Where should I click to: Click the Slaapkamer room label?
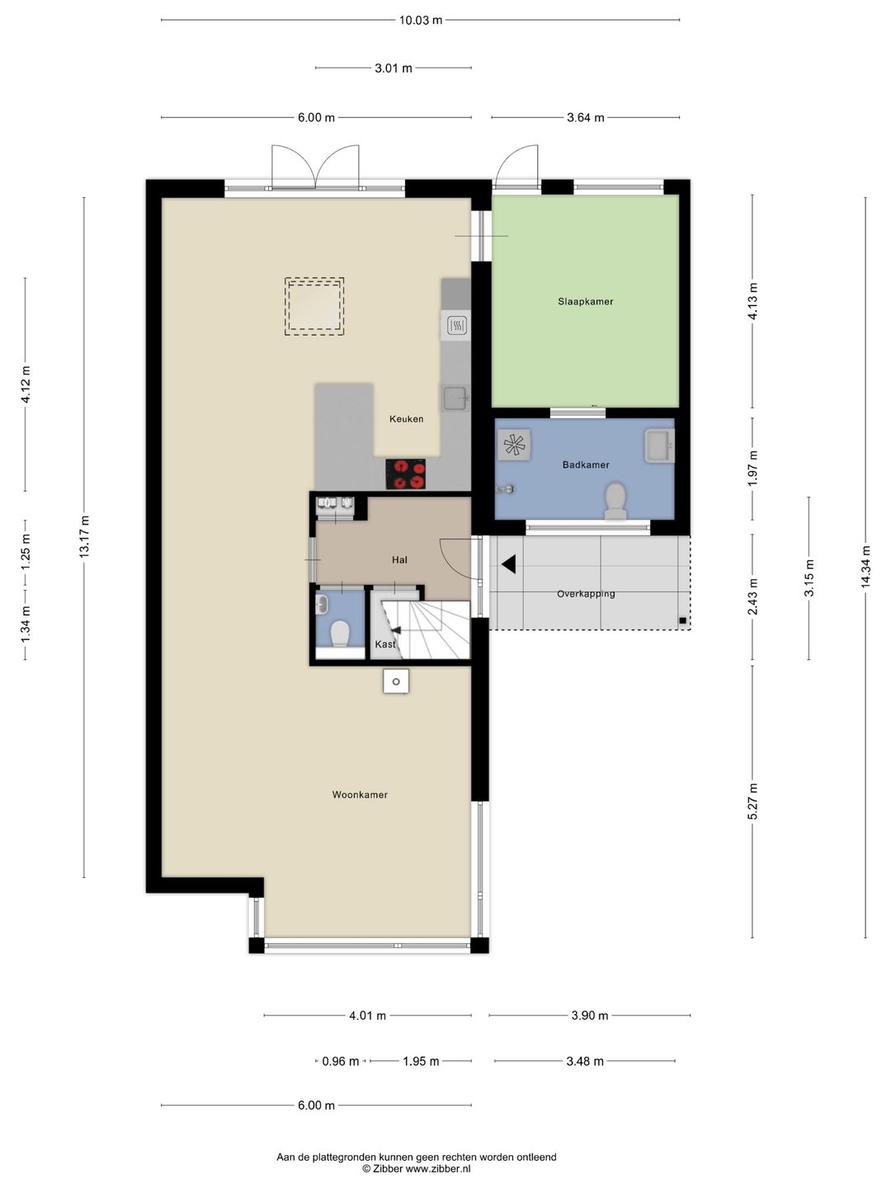pos(586,301)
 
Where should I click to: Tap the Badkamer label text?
pos(586,464)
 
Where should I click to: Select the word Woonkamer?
pos(360,794)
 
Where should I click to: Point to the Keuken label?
pos(406,418)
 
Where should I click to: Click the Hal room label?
pos(400,559)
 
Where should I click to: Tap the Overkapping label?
pos(586,594)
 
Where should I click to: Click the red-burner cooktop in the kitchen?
pos(405,474)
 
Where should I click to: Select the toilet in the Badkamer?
pos(615,501)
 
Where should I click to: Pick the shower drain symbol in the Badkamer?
pos(514,445)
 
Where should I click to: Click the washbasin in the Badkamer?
pos(659,445)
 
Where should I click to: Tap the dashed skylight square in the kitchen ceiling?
pos(314,306)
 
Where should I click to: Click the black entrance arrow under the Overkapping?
pos(508,564)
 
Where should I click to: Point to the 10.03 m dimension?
pos(421,20)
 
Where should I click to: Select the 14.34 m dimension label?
pos(865,567)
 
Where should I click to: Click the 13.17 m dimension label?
pos(84,537)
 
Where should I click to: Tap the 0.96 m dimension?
pos(340,1061)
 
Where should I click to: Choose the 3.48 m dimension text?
pos(585,1061)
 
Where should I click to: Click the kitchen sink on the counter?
pos(455,398)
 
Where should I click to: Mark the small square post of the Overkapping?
pos(683,620)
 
